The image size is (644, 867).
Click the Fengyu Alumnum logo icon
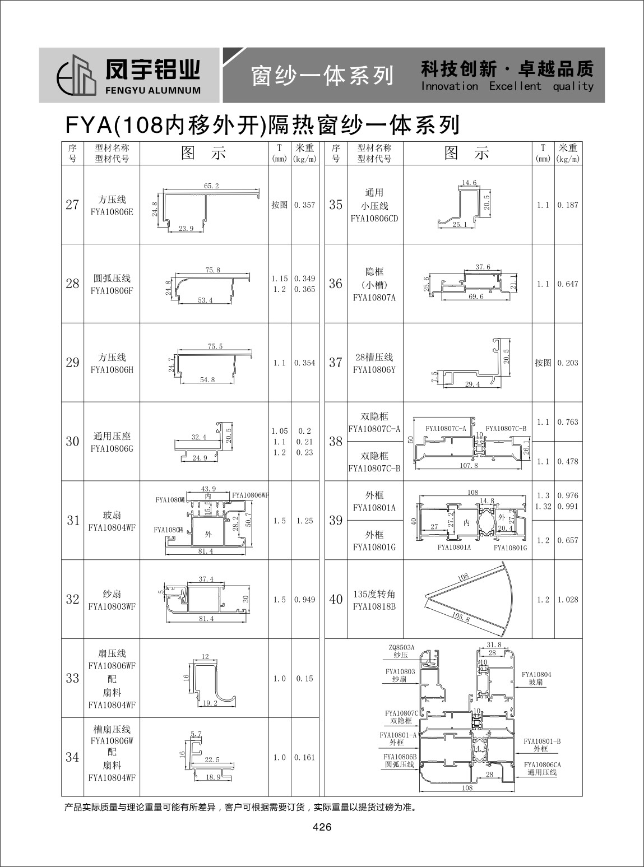(x=77, y=75)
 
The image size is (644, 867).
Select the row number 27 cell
(x=72, y=205)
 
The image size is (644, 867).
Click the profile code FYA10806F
(x=112, y=290)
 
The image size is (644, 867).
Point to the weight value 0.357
(x=304, y=205)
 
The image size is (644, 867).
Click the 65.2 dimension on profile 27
(x=211, y=186)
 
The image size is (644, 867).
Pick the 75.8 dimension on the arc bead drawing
(x=213, y=270)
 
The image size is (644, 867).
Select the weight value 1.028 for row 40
(x=568, y=600)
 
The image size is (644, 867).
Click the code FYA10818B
(x=374, y=606)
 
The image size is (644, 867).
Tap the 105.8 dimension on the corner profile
(x=461, y=617)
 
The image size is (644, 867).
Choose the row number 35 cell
(x=336, y=205)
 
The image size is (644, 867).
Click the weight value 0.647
(x=568, y=284)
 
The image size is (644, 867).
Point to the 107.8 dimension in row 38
(x=469, y=466)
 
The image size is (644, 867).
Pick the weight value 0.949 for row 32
(x=304, y=600)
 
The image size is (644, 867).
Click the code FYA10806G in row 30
(x=112, y=449)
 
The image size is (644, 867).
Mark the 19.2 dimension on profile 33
(x=210, y=703)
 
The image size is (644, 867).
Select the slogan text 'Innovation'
(x=450, y=86)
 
